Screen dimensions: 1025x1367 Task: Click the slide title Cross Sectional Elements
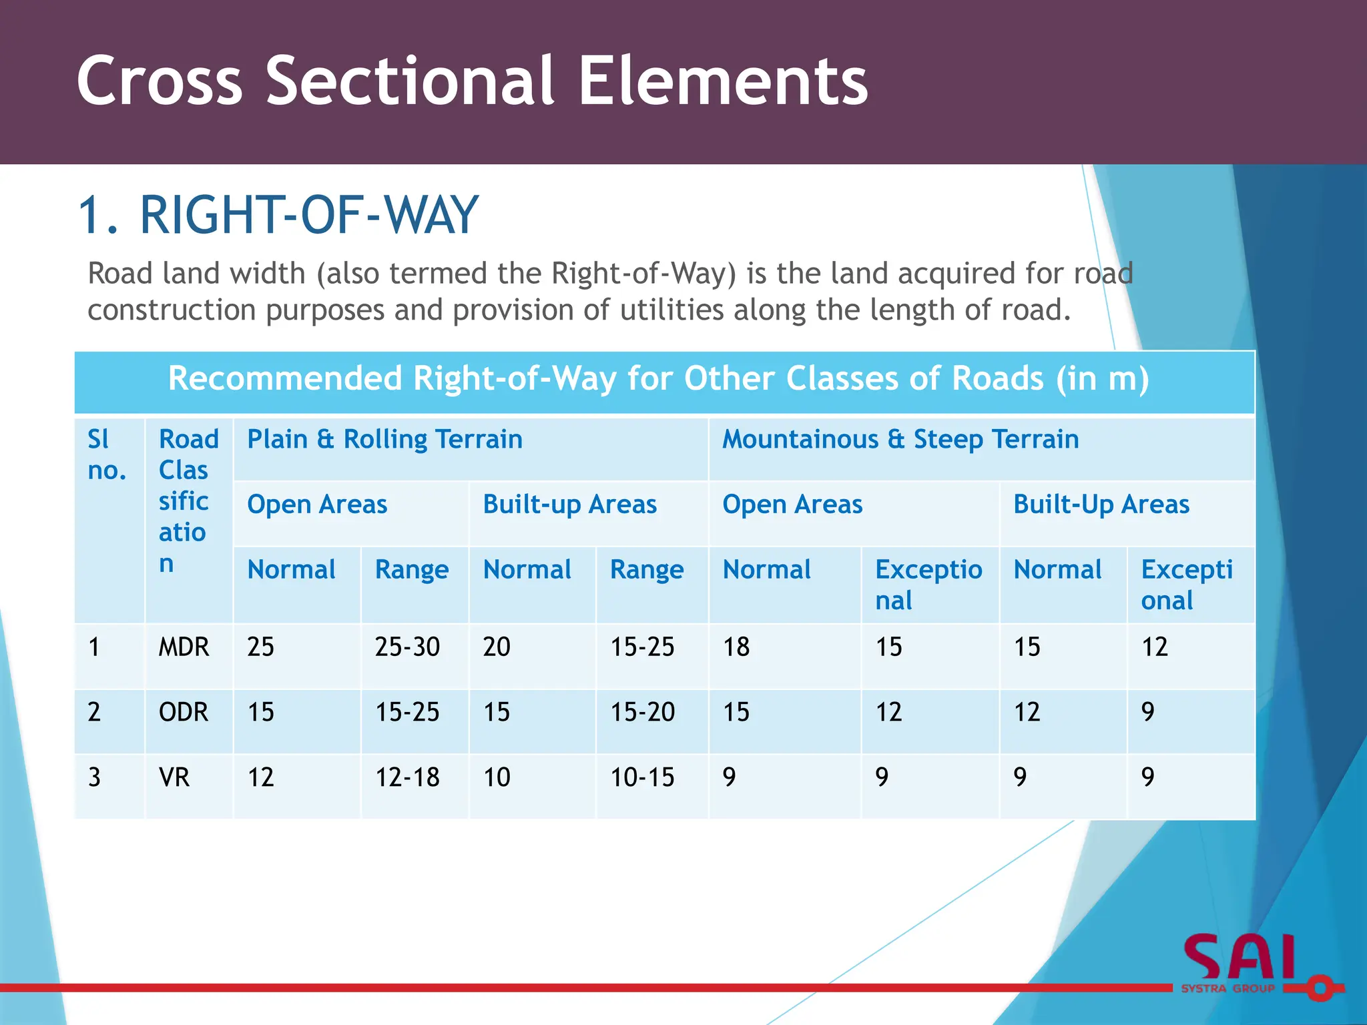click(472, 81)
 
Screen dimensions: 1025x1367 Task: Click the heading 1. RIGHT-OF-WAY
click(278, 216)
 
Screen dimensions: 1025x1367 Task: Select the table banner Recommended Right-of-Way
click(658, 379)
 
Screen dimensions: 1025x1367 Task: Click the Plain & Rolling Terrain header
click(384, 440)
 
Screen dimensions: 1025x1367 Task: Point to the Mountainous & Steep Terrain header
click(900, 440)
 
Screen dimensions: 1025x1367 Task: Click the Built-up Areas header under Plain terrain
click(569, 504)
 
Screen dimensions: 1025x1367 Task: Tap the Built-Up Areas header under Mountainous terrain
click(1101, 504)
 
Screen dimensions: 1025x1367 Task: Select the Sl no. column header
click(106, 455)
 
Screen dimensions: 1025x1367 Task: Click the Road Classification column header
click(187, 500)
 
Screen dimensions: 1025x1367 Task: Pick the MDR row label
click(184, 647)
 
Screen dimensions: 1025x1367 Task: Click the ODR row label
click(183, 712)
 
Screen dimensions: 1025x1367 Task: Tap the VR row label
click(174, 777)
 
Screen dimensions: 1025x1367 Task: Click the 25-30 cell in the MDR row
click(407, 647)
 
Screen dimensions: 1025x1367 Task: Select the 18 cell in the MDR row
click(736, 647)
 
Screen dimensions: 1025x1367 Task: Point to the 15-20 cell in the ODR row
click(642, 712)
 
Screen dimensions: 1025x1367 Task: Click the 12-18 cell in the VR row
click(407, 777)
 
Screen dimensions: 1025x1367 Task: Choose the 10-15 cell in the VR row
click(642, 777)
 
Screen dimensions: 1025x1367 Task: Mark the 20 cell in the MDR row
click(497, 647)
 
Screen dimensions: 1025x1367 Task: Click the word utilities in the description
click(671, 310)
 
